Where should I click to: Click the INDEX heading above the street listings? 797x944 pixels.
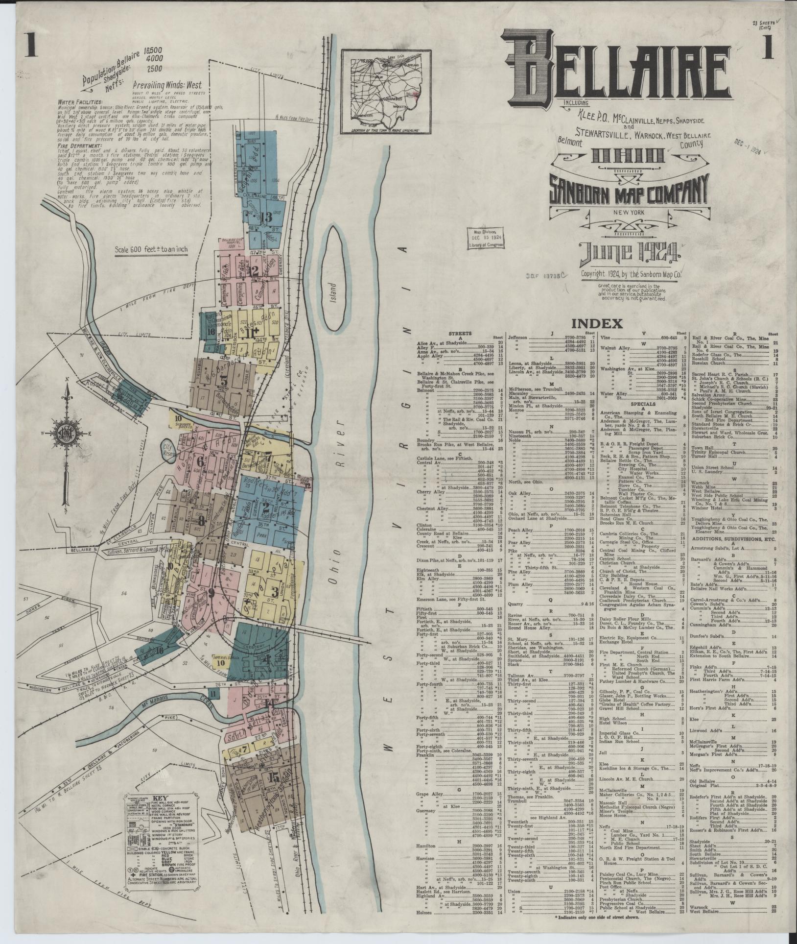(x=596, y=323)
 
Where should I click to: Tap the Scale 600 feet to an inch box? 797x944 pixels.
(x=151, y=248)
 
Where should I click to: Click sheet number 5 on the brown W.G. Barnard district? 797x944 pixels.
(x=224, y=380)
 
